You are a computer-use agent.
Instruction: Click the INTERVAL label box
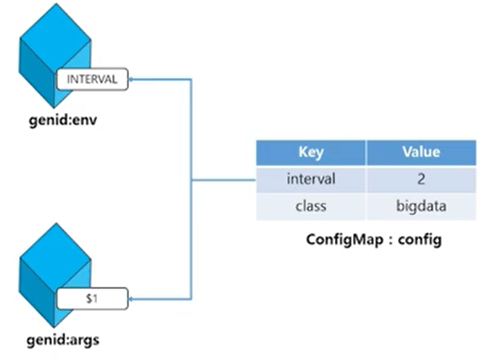pyautogui.click(x=92, y=79)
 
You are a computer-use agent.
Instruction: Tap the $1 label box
pyautogui.click(x=92, y=298)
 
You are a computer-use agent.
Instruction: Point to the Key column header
pyautogui.click(x=310, y=153)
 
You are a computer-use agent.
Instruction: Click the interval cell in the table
pyautogui.click(x=310, y=179)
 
